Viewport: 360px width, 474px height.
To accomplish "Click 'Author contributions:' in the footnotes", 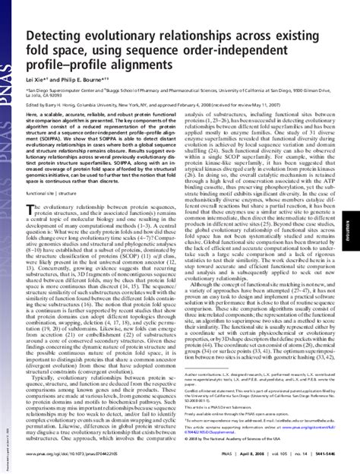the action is [x=206, y=373].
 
